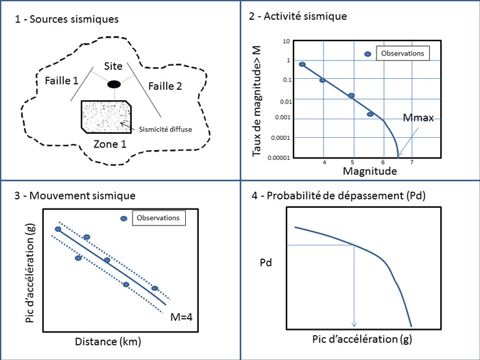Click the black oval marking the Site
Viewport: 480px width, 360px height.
coord(114,84)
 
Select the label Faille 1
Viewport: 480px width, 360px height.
coord(60,81)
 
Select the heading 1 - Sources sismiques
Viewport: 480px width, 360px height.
coord(66,19)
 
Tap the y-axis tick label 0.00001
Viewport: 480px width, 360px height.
coord(278,157)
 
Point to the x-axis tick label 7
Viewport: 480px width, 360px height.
coord(411,163)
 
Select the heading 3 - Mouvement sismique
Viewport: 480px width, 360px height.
coord(75,195)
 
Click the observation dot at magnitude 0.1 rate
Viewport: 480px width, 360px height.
coord(322,80)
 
